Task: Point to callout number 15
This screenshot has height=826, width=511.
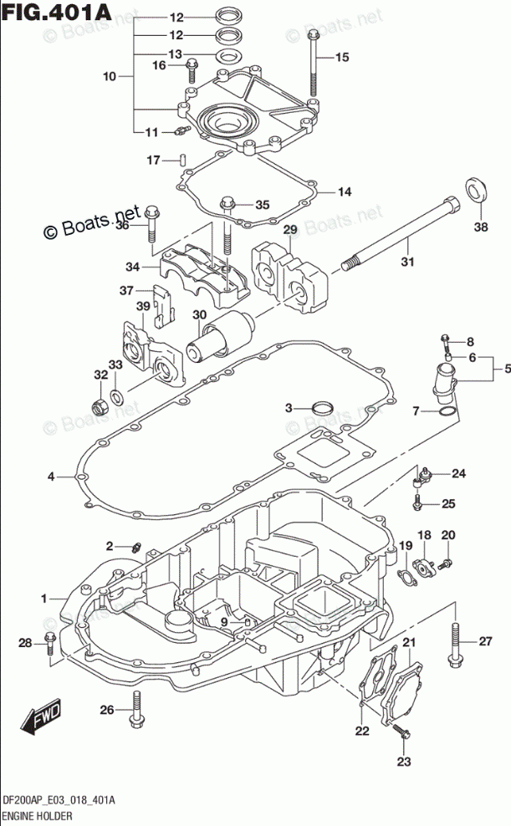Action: (x=340, y=58)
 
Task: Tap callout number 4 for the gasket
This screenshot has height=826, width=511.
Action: (x=50, y=477)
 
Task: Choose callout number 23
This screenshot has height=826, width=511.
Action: (x=404, y=761)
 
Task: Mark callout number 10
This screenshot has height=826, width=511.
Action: (x=110, y=77)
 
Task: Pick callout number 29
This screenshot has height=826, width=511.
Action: (x=290, y=230)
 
